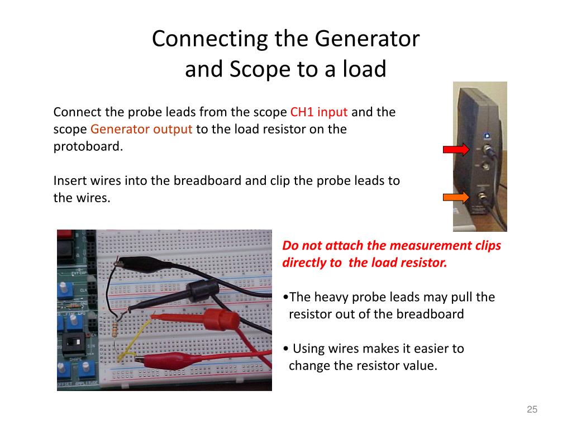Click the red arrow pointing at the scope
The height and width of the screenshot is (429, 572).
tap(456, 149)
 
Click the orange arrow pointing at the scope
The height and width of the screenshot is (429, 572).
tap(456, 197)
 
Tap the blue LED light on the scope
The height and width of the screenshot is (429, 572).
tap(488, 135)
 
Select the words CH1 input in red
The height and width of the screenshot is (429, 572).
tap(319, 112)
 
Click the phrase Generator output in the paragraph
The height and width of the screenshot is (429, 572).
tap(141, 129)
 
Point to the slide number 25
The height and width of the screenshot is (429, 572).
tap(532, 410)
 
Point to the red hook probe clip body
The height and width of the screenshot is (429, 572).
tap(213, 320)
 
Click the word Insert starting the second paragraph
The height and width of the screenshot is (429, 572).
tap(70, 181)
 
